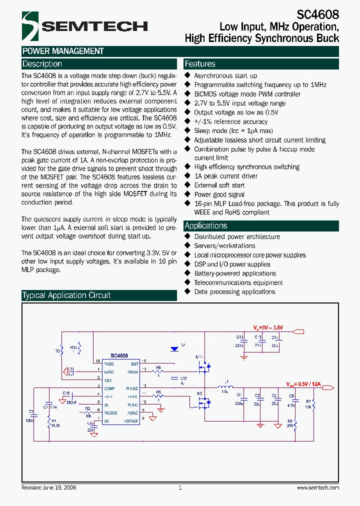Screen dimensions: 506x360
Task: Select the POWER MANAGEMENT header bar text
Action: coord(63,51)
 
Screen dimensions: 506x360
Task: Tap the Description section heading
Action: coord(42,64)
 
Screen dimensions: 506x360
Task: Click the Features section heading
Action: coord(200,64)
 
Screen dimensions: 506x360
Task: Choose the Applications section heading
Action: coord(205,225)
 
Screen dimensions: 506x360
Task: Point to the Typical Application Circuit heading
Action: coord(66,295)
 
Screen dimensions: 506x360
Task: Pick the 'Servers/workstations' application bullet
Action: coord(224,246)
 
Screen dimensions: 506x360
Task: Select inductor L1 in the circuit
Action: coord(225,386)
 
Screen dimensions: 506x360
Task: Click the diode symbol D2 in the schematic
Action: coord(175,348)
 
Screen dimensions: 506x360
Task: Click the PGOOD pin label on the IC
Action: coord(132,413)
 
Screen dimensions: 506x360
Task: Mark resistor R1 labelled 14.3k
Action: coord(48,423)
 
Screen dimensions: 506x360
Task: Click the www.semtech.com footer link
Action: coord(317,487)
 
